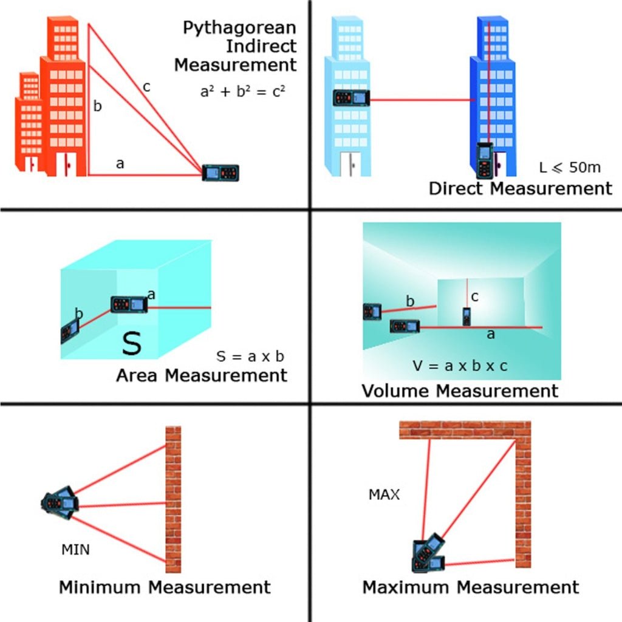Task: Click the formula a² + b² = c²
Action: click(242, 91)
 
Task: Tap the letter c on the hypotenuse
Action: click(146, 87)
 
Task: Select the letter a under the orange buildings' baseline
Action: click(120, 163)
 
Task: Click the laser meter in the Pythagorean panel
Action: click(221, 173)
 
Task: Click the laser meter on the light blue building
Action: click(351, 98)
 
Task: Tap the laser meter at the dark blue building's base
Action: click(485, 160)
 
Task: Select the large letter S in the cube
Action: click(131, 343)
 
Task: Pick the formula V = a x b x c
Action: click(459, 366)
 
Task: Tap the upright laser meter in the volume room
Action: click(466, 316)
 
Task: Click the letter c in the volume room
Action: click(475, 297)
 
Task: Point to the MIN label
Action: click(75, 550)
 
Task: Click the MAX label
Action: click(384, 495)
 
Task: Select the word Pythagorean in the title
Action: click(239, 28)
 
